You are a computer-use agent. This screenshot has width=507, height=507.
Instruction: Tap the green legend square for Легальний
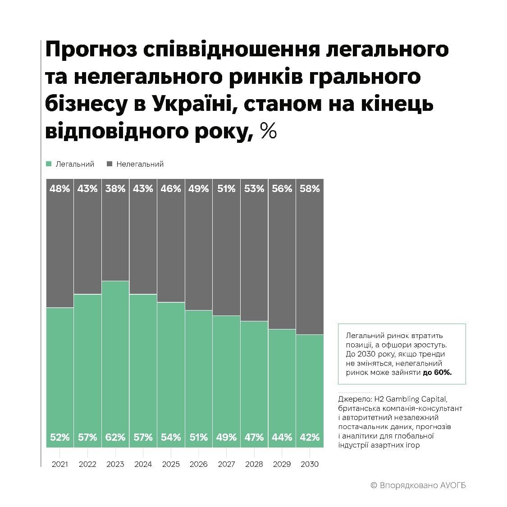pos(49,164)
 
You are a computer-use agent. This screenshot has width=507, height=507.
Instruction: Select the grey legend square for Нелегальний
pos(109,164)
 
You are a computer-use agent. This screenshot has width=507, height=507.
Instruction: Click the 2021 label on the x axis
pos(60,464)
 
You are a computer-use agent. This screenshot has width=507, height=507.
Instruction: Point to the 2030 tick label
pos(309,464)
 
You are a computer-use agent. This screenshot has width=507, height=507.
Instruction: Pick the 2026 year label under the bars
pos(198,464)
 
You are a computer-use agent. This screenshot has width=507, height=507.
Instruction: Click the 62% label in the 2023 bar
pos(115,437)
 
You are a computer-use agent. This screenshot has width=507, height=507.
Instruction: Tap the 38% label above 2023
pos(115,189)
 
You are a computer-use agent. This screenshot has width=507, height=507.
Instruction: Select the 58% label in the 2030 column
pos(310,189)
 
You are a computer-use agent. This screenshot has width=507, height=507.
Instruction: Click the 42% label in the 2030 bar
pos(310,437)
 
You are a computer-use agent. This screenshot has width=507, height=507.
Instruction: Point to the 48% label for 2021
pos(60,189)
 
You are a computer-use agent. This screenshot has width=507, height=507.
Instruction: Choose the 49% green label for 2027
pos(226,437)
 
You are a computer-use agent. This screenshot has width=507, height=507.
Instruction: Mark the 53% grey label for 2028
pos(254,189)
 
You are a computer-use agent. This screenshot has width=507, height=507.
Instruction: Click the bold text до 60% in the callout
pos(437,373)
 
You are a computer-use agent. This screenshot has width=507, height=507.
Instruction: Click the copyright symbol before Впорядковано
pos(374,485)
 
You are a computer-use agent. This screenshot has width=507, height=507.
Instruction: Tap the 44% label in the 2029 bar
pos(282,437)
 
